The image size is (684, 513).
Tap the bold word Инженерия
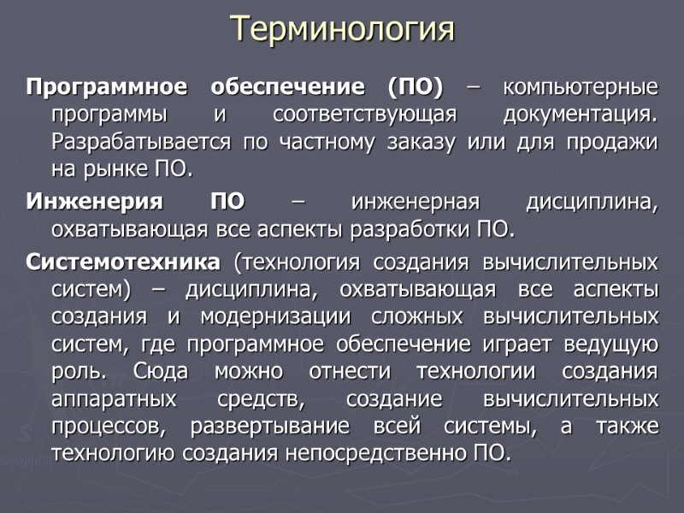click(x=95, y=203)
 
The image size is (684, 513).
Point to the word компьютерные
click(x=581, y=87)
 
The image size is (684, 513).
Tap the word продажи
click(x=615, y=142)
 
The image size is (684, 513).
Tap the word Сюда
click(x=163, y=371)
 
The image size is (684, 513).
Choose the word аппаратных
click(x=115, y=398)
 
